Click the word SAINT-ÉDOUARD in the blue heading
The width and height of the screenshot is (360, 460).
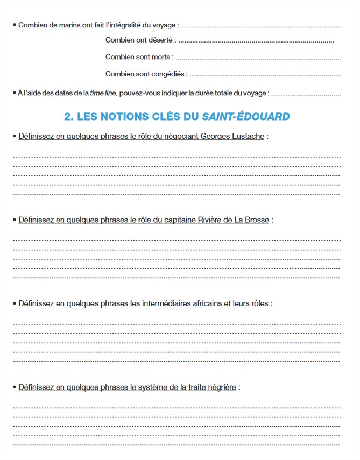pos(246,116)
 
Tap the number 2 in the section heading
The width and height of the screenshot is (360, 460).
pos(67,116)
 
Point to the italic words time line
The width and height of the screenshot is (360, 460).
pos(103,93)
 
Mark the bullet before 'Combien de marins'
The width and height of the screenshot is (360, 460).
pos(14,25)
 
